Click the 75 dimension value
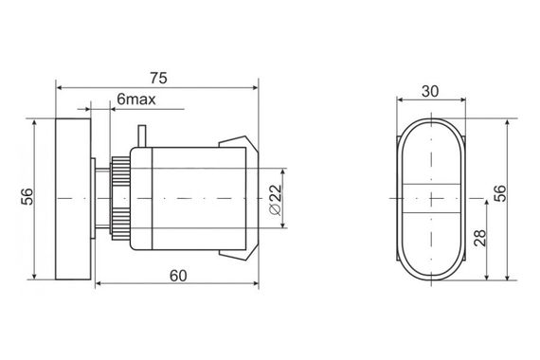point(159,79)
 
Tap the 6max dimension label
point(136,99)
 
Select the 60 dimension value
point(178,276)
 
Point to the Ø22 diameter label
point(277,200)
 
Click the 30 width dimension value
point(430,91)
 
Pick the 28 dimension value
point(479,238)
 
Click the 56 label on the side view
point(27,197)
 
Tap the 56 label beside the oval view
point(500,193)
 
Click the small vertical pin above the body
point(141,136)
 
